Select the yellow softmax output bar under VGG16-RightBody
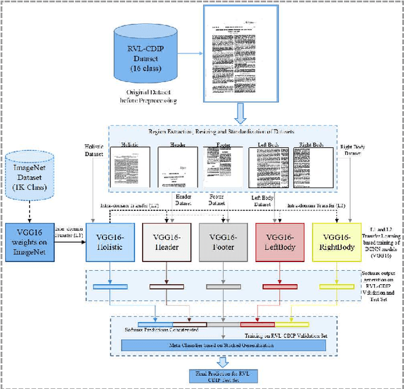click(x=338, y=286)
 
